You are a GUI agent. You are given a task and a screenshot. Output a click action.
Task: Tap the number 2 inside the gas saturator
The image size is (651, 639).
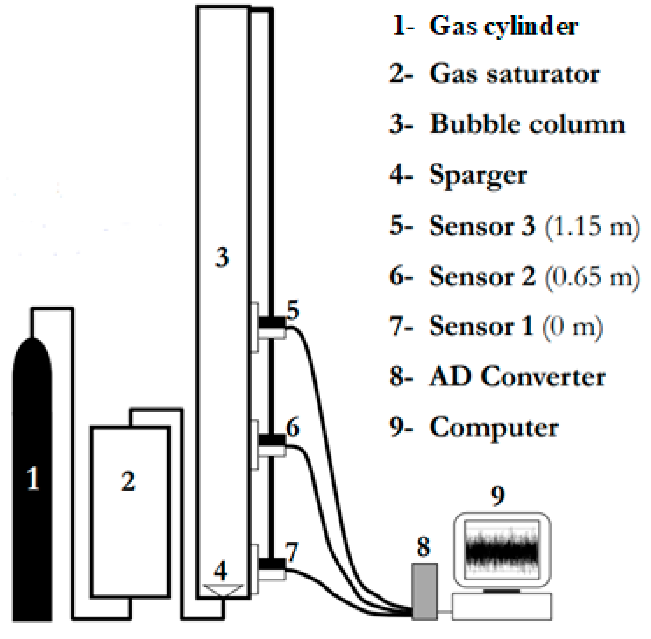128,481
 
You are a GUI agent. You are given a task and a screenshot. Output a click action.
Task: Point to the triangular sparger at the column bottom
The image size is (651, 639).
223,590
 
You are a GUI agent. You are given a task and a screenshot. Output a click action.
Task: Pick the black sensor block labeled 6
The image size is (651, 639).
272,439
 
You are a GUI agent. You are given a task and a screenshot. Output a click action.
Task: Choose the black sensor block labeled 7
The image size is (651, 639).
272,564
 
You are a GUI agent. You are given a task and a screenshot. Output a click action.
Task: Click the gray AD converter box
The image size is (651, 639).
424,591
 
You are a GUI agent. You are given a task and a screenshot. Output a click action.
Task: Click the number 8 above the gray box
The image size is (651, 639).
423,547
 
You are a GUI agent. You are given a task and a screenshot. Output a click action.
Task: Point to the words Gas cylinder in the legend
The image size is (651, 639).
504,26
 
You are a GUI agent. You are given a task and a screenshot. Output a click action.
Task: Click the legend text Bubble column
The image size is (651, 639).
527,125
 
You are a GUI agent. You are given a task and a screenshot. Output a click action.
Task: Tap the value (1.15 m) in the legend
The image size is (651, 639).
592,226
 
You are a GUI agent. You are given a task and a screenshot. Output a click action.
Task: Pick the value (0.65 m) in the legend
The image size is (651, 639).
592,277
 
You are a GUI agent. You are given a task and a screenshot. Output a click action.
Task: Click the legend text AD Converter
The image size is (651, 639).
518,377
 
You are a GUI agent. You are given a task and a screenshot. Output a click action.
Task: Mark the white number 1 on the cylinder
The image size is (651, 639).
33,478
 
